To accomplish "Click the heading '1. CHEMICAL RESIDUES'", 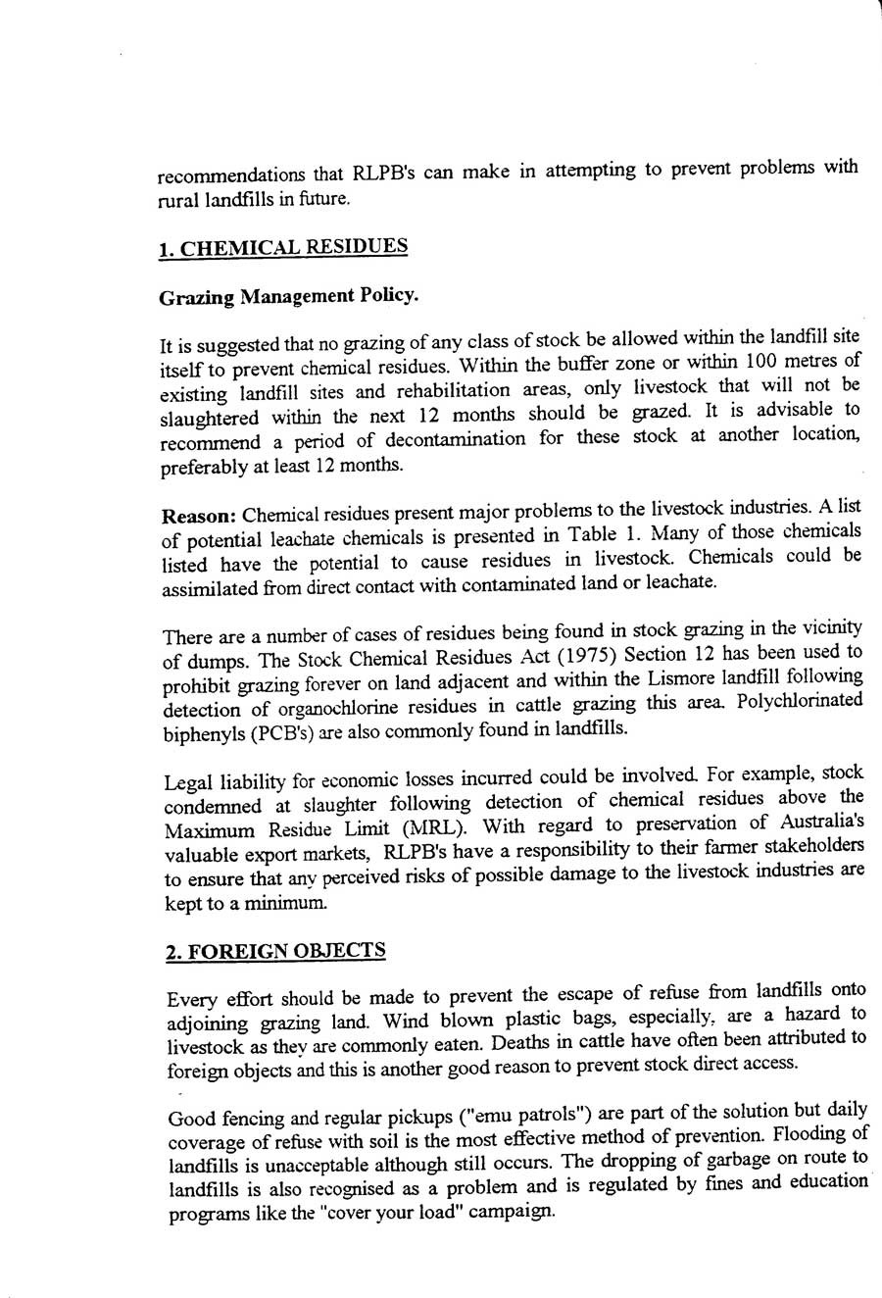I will pyautogui.click(x=282, y=247).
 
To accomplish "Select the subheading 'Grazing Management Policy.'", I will pyautogui.click(x=288, y=296).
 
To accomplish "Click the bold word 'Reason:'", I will pyautogui.click(x=199, y=515).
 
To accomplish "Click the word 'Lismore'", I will pyautogui.click(x=680, y=677).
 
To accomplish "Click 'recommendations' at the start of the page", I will pyautogui.click(x=230, y=175).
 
